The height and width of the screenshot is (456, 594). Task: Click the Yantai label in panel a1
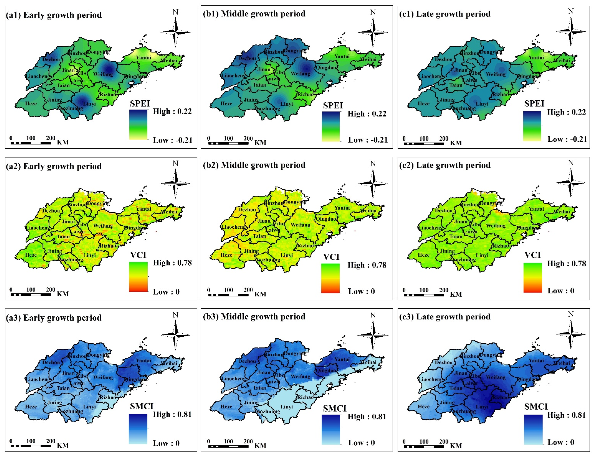click(143, 57)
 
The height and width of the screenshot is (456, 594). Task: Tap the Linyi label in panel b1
click(287, 104)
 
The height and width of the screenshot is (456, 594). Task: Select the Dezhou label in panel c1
click(444, 59)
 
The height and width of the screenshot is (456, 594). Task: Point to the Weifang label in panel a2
click(103, 226)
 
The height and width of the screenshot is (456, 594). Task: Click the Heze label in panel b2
click(226, 255)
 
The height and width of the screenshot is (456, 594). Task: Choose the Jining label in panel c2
click(447, 251)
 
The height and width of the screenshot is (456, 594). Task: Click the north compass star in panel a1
click(175, 32)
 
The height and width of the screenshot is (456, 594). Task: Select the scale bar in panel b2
click(228, 295)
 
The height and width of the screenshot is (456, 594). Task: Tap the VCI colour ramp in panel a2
click(138, 277)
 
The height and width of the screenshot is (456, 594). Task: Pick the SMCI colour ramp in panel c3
click(533, 429)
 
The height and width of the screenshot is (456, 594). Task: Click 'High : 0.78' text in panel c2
click(566, 263)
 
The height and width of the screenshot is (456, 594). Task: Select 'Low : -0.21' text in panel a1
click(172, 140)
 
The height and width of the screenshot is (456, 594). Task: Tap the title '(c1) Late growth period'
click(445, 14)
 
